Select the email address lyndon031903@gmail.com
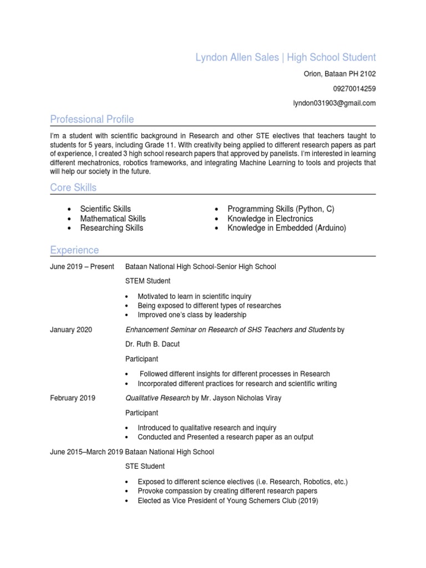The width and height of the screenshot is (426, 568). pos(334,103)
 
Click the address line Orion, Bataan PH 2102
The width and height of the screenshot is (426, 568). pos(339,74)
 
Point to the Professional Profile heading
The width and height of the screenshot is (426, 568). pos(92,119)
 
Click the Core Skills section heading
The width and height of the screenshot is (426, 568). pos(73,187)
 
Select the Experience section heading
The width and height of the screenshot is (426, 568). pos(74,250)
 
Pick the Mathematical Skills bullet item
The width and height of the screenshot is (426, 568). pos(113,219)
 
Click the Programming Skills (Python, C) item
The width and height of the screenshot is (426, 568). pos(281,209)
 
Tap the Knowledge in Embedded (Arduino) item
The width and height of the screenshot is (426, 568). pos(286,228)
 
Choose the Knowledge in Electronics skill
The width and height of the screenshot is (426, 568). pos(270,219)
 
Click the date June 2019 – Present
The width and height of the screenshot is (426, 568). pos(82,267)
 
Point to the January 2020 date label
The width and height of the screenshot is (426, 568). pos(71,330)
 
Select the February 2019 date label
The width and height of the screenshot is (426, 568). pos(73,398)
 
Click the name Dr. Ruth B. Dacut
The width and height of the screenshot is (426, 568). pos(153,344)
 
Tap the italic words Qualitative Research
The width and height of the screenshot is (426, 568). pos(158,398)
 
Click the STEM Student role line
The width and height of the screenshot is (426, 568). pos(148,281)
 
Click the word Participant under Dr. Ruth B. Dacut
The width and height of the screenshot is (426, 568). pos(141,359)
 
